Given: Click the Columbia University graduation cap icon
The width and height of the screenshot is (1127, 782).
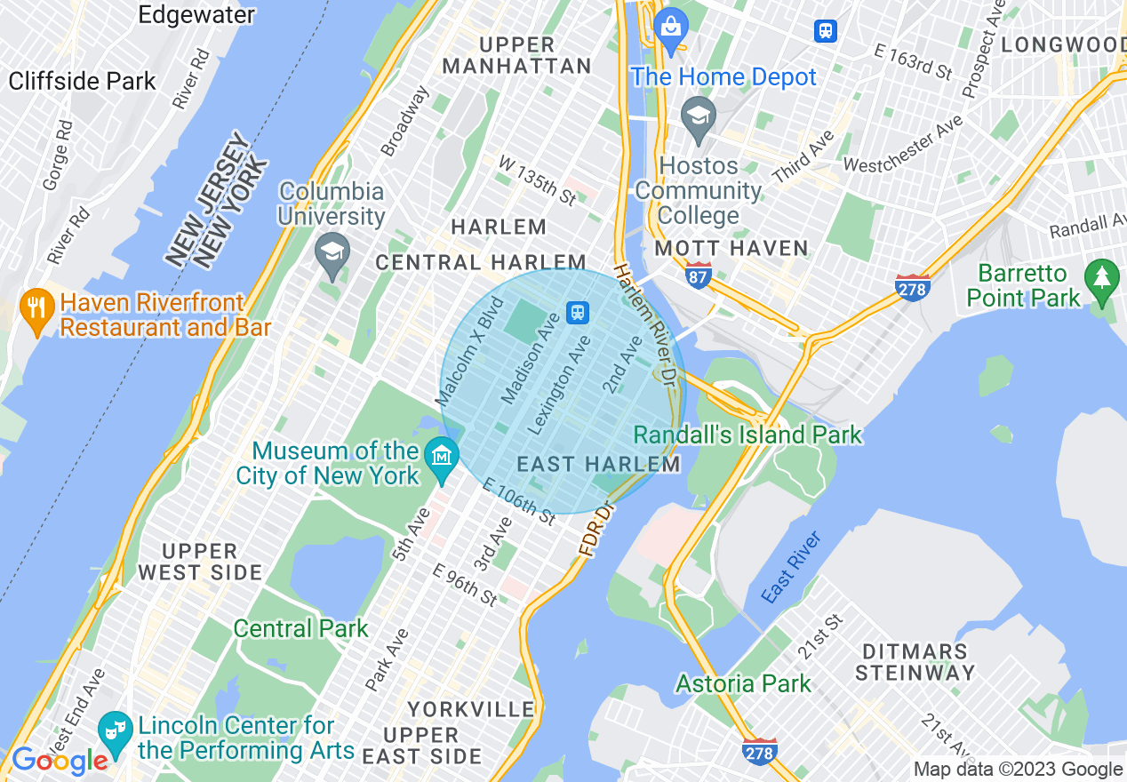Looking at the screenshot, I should [332, 251].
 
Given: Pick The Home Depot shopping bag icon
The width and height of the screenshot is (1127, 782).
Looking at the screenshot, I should [671, 27].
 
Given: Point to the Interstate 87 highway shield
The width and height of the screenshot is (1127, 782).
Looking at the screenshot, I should [698, 277].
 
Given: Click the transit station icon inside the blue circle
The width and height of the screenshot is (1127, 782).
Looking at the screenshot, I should [578, 312].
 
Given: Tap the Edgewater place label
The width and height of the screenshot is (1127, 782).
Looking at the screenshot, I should [196, 14].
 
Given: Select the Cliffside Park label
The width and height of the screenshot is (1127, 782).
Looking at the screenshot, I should [83, 81].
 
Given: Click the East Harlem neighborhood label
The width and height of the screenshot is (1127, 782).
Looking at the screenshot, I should [598, 464].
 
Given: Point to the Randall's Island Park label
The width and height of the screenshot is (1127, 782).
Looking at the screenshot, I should [747, 435].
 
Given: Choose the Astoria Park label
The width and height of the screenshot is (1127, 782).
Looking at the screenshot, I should [743, 683].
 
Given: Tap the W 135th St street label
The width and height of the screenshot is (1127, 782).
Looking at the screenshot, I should [537, 180].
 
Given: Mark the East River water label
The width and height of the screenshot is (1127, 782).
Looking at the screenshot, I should [791, 568].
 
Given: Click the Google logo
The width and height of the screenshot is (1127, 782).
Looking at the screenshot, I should [60, 761].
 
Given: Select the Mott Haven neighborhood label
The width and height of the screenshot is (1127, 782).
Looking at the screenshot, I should [731, 249].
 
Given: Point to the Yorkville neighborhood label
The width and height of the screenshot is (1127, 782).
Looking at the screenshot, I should [471, 709].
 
